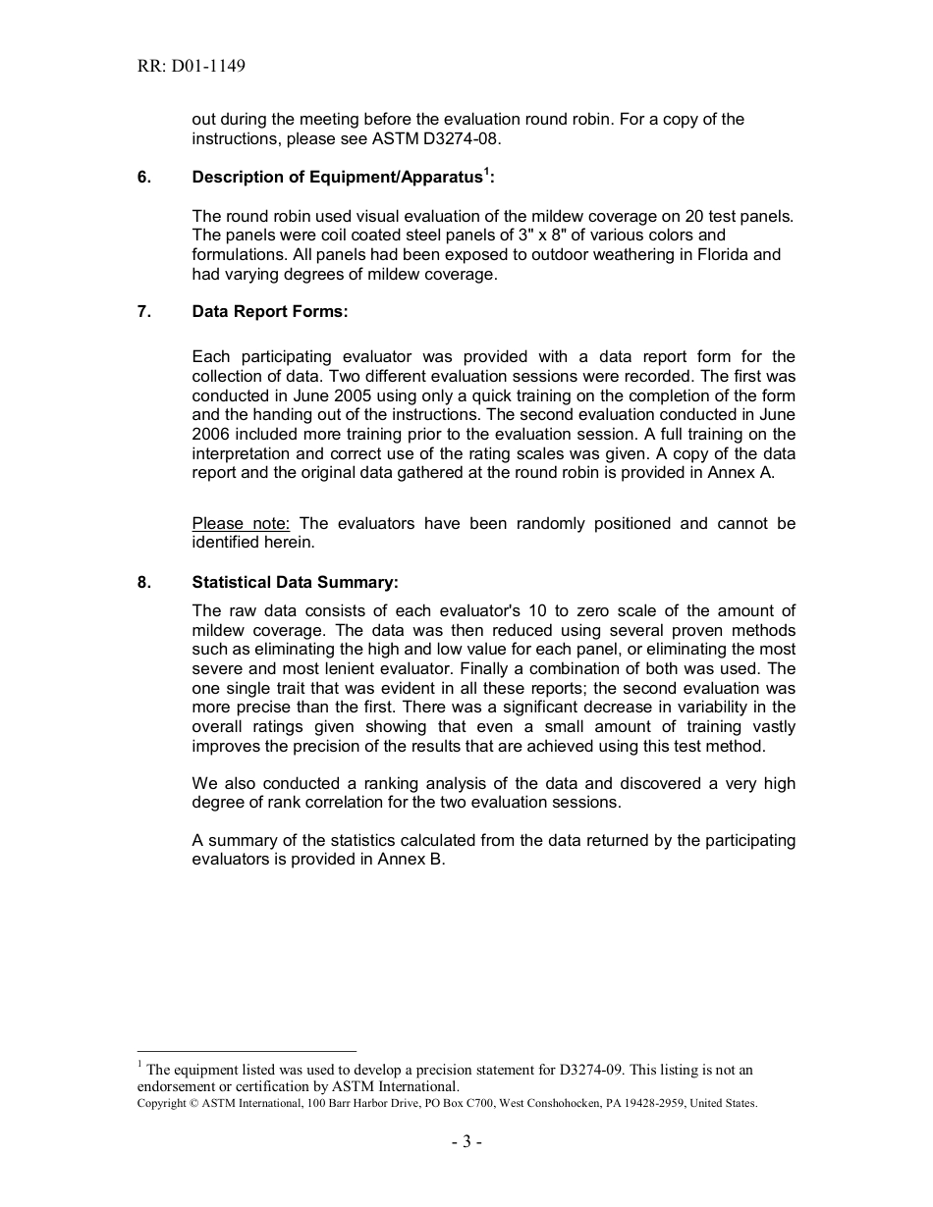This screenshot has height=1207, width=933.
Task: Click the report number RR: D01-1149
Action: pyautogui.click(x=192, y=67)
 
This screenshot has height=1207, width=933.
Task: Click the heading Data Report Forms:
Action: pyautogui.click(x=270, y=311)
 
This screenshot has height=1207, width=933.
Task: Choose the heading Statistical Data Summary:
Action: pyautogui.click(x=295, y=582)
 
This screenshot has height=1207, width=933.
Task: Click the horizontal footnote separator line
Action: pyautogui.click(x=247, y=1051)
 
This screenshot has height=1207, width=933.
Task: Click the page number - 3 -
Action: pyautogui.click(x=466, y=1142)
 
